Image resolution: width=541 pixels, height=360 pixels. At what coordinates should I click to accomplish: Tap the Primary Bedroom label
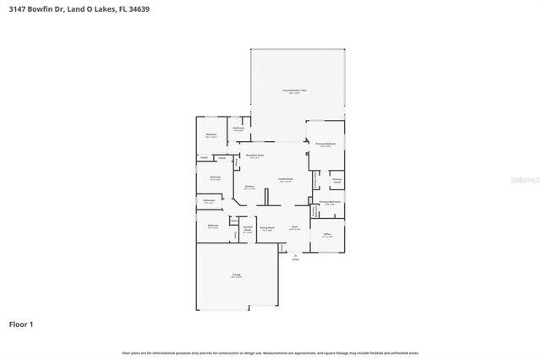325,145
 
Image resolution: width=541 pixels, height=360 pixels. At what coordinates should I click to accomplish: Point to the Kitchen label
249,187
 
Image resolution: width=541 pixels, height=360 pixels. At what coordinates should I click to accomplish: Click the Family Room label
286,180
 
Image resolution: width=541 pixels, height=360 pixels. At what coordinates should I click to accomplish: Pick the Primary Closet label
336,180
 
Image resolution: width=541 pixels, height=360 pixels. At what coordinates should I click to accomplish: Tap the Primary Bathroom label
330,203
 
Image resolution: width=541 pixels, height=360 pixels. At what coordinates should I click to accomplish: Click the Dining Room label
266,228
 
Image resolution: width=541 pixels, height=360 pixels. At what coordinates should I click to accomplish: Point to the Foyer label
295,227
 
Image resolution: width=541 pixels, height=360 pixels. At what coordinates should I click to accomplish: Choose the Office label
326,235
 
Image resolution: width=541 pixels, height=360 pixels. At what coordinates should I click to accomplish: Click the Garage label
238,275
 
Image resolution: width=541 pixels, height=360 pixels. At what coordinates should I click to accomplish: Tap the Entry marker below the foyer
295,259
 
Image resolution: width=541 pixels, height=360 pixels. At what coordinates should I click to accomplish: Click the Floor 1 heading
21,324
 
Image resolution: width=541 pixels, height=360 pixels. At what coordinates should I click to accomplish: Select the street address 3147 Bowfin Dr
35,7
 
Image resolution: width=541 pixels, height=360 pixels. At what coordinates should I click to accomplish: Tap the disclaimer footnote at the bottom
270,352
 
